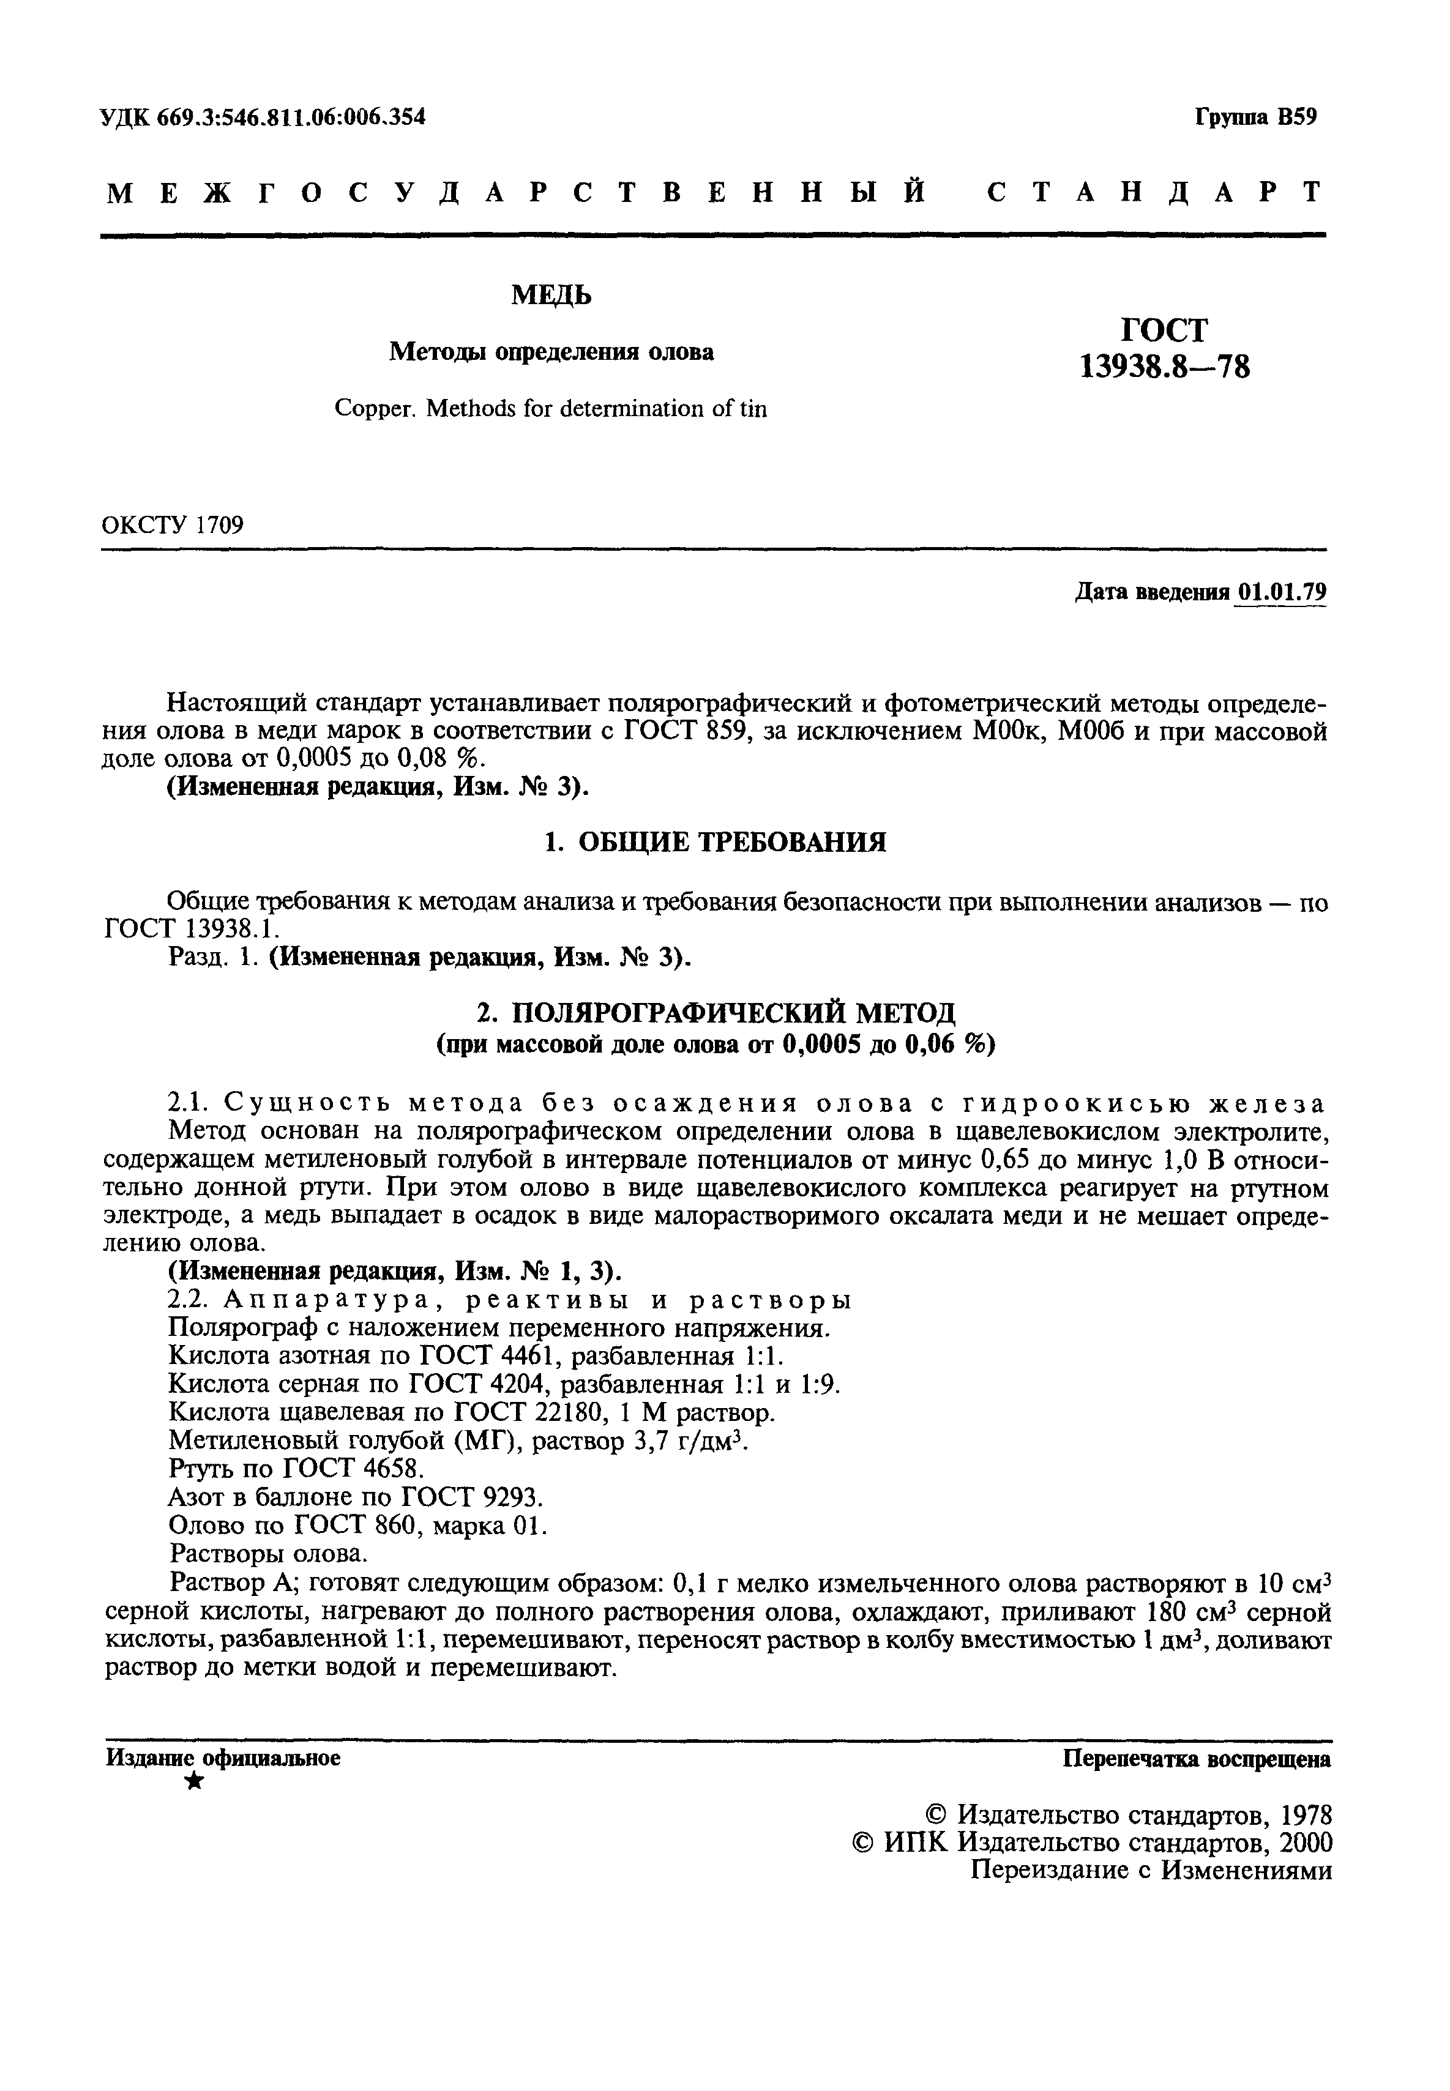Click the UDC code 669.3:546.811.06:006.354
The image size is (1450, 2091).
pos(291,116)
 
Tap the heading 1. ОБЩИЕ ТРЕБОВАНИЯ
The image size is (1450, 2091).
pos(714,843)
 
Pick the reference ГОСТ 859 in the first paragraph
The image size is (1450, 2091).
pos(685,731)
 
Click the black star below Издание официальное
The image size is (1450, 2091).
pos(193,1782)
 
